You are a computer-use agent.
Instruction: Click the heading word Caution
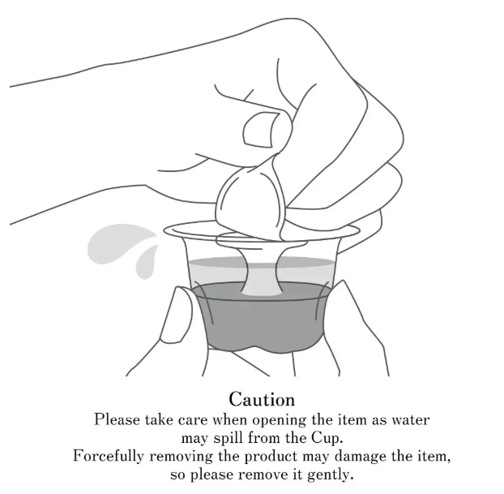click(262, 399)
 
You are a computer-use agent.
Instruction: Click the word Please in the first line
click(117, 420)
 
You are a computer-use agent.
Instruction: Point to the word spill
click(229, 438)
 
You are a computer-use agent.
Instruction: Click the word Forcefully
click(108, 457)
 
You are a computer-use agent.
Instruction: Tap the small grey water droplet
click(147, 262)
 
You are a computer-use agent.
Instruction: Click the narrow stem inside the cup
click(262, 268)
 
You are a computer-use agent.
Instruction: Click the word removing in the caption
click(181, 457)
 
